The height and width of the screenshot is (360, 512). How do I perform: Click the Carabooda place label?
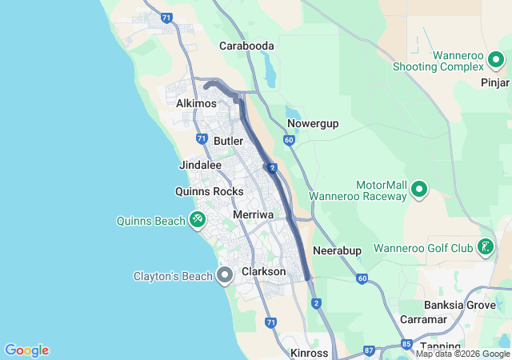[247, 46]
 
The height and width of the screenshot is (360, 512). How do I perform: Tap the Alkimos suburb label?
[197, 104]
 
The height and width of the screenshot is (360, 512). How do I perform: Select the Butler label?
[228, 141]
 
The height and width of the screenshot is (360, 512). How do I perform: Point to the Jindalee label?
[200, 165]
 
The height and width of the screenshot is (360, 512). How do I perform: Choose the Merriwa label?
[253, 215]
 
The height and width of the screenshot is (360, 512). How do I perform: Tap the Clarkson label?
[263, 272]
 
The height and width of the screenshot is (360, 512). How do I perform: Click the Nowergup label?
[313, 123]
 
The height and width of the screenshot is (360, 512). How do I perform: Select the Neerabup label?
[337, 250]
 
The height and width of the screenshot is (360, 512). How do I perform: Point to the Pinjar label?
[494, 82]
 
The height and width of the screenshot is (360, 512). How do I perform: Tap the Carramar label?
[424, 319]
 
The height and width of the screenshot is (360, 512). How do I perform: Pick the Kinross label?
[310, 353]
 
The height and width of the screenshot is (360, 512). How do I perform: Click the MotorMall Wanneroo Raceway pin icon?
[419, 190]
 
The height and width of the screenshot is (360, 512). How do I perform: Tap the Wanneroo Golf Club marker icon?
[485, 248]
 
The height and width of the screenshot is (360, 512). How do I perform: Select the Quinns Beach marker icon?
[198, 218]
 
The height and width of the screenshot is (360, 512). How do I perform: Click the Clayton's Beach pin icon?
[225, 276]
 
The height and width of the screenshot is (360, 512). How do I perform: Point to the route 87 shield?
[368, 350]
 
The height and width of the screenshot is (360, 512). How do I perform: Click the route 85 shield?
[407, 345]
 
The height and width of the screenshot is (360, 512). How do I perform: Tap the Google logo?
[26, 350]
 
